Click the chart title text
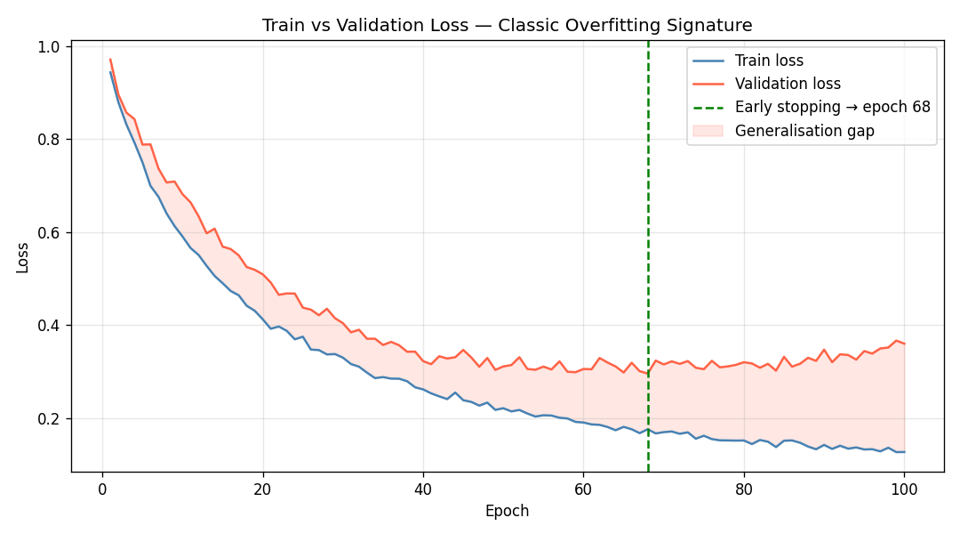click(x=507, y=26)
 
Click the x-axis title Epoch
click(x=507, y=511)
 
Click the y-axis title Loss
click(x=23, y=256)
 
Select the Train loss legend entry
click(x=769, y=61)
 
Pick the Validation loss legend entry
click(x=788, y=84)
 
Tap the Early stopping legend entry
click(x=832, y=107)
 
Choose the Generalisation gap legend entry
click(x=804, y=131)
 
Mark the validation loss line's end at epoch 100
click(x=904, y=344)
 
